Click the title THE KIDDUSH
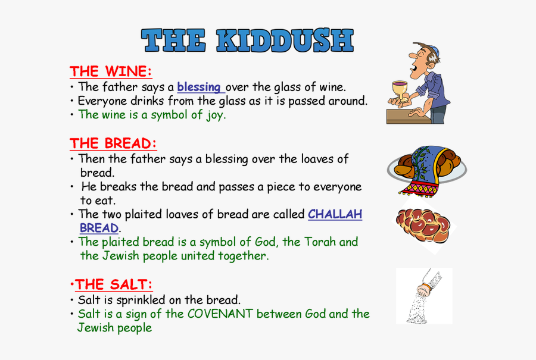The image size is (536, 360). point(247,40)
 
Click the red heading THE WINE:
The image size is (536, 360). point(111,71)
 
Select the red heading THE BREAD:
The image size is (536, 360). point(113,143)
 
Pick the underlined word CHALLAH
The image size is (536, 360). point(335,214)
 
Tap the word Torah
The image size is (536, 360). point(320,242)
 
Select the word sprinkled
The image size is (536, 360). point(141,300)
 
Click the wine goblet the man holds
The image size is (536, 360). point(400,90)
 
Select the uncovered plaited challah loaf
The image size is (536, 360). point(423,225)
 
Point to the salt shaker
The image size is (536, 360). point(429,282)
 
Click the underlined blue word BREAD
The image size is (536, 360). point(99,228)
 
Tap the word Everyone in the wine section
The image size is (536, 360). point(102,101)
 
